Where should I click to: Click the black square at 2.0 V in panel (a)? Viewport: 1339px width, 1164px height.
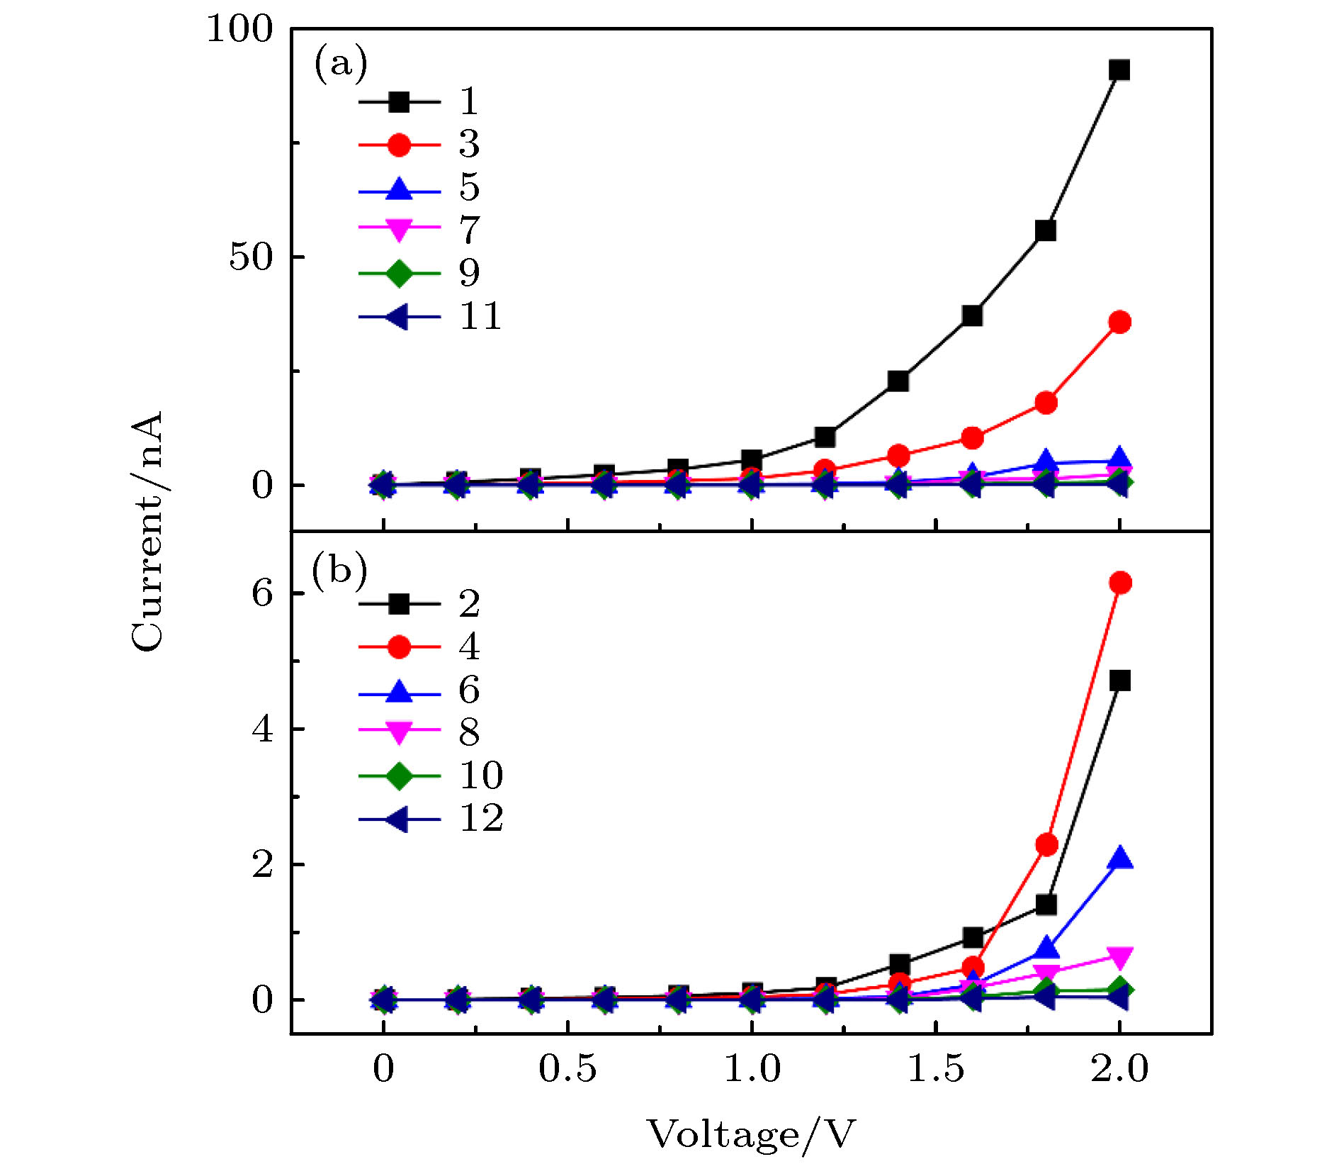[1119, 69]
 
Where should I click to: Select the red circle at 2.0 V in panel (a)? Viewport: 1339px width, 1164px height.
[1119, 322]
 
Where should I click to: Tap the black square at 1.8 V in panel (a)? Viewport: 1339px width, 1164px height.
[1046, 230]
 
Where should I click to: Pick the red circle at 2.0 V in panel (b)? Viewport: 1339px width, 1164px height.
[1119, 583]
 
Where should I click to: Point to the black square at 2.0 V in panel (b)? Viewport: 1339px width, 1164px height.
[1119, 681]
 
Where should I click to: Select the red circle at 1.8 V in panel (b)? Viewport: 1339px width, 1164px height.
[1046, 844]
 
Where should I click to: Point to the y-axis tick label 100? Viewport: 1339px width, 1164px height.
[239, 30]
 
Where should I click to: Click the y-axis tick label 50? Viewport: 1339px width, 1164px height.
[250, 257]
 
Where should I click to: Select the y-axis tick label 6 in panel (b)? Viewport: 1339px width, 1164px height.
[261, 593]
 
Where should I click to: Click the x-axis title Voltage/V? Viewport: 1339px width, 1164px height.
[751, 1135]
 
